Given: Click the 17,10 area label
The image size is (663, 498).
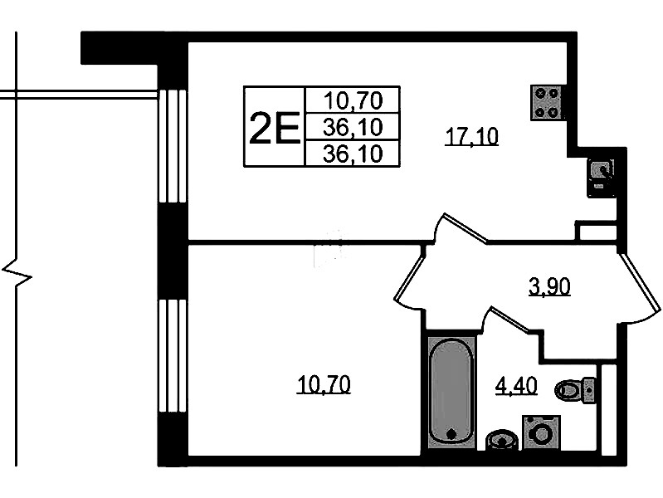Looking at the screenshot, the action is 472,137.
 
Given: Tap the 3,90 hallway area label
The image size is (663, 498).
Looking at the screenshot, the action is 549,286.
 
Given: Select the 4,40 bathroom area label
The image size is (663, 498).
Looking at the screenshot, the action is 516,385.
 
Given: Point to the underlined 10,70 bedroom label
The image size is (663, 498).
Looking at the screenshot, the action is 324,384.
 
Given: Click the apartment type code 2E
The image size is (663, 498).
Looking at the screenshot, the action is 275,127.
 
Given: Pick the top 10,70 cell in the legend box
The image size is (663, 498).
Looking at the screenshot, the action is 353,100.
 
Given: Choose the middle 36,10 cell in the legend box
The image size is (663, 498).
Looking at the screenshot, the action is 353,126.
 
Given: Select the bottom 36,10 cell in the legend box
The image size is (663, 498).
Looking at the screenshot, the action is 353,154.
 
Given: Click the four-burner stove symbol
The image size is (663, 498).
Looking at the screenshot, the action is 547,102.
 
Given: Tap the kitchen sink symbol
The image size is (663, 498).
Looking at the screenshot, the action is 601,178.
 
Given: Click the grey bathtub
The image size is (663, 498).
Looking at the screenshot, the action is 451,392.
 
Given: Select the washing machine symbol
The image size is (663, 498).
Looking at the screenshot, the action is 541,432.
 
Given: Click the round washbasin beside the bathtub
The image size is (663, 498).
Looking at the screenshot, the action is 502,439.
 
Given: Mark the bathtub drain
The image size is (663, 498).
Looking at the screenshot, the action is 451,434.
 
